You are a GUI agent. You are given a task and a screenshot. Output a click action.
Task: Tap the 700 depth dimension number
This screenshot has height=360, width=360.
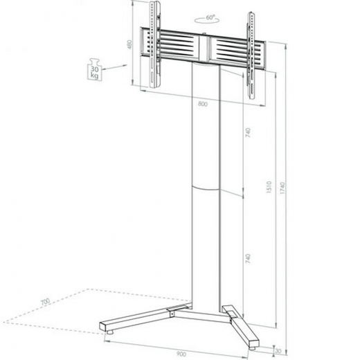coord(46,302)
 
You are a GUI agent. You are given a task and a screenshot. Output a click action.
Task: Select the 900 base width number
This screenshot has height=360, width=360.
coord(181,353)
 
